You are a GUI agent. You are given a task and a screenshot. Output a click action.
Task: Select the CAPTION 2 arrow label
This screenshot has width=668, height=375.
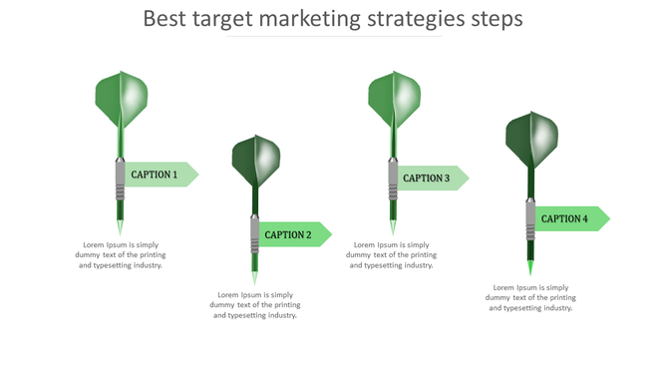(291, 234)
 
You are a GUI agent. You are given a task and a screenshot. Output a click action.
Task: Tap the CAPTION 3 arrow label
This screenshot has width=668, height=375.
(430, 178)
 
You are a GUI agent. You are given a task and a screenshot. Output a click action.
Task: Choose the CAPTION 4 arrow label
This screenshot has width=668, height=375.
(567, 218)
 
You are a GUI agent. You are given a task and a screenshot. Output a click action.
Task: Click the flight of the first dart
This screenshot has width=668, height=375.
(121, 100)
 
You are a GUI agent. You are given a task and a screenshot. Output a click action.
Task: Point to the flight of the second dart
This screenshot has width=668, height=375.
(256, 160)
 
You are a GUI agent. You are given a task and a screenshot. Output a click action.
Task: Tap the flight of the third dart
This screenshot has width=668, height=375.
(394, 100)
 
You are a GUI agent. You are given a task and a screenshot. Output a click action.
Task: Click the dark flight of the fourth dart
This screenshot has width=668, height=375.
(530, 140)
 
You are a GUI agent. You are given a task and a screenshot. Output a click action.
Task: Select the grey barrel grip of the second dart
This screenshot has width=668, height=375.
(255, 235)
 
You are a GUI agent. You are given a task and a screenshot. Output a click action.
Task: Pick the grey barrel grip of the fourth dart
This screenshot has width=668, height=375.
(530, 219)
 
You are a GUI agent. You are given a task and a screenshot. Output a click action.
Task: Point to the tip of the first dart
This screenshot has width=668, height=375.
(120, 229)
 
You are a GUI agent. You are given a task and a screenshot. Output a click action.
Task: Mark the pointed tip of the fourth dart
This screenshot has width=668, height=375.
(530, 269)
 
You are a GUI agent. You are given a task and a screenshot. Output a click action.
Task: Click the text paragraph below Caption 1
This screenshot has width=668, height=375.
(121, 254)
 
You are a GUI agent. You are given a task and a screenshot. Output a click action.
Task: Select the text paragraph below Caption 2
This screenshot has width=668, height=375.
(256, 304)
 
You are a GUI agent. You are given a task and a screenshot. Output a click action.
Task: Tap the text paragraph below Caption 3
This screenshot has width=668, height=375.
(392, 254)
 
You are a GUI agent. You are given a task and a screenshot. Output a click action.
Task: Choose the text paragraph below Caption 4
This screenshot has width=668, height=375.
(530, 297)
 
